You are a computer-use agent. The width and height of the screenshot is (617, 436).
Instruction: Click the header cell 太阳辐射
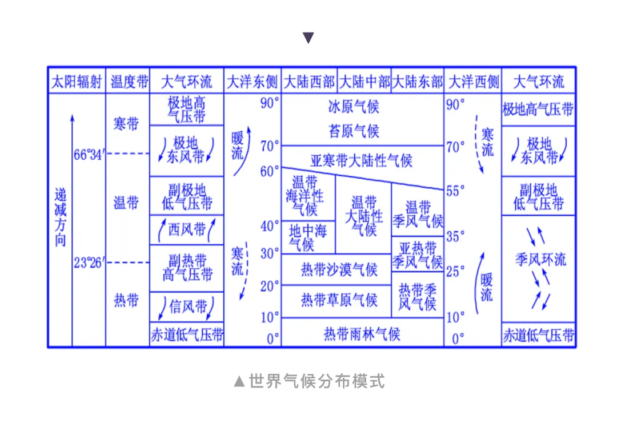tap(77, 82)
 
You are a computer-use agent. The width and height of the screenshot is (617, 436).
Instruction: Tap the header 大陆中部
tap(364, 82)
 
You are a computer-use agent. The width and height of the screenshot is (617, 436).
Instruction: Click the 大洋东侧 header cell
tap(252, 82)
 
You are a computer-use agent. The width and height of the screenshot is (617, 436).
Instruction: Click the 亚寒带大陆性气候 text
tap(361, 160)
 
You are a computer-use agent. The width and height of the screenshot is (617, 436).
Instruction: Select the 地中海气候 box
tap(308, 237)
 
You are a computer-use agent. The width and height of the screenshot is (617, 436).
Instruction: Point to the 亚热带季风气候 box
tap(418, 255)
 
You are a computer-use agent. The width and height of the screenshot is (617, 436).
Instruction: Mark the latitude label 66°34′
tap(89, 154)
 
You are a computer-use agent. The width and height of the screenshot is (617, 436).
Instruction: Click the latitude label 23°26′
tap(89, 263)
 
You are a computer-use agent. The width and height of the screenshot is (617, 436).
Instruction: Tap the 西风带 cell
tap(187, 229)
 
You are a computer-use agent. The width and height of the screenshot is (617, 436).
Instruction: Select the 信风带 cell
tap(187, 306)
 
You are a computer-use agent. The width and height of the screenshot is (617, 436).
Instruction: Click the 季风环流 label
tap(540, 260)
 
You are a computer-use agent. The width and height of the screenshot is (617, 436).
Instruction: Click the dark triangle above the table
tap(308, 38)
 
